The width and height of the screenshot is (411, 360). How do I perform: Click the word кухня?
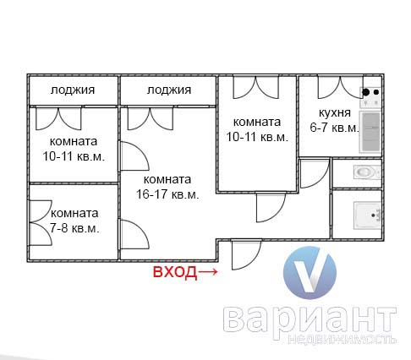click(x=335, y=113)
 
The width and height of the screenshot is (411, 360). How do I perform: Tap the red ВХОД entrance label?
click(x=175, y=272)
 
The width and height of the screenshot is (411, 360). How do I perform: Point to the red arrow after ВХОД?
click(x=208, y=272)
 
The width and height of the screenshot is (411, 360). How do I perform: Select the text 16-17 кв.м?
click(x=167, y=194)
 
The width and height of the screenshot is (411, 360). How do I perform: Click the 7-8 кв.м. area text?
click(x=74, y=228)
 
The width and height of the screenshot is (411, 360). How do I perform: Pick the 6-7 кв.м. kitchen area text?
click(x=334, y=128)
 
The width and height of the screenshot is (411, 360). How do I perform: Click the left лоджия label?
click(x=73, y=90)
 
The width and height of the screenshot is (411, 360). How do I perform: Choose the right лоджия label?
click(x=169, y=90)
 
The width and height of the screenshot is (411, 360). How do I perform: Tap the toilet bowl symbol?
click(x=367, y=172)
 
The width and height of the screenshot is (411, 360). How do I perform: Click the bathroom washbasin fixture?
click(x=368, y=215)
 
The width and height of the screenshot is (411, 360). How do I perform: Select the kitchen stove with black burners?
click(x=370, y=97)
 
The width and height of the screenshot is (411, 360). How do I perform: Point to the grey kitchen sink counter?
click(x=370, y=132)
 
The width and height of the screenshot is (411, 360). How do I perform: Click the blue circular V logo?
click(x=310, y=273)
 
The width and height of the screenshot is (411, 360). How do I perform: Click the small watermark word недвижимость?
click(x=342, y=340)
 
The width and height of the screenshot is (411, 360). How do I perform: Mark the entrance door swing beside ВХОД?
click(x=246, y=254)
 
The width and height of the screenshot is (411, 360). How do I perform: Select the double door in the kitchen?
click(x=340, y=87)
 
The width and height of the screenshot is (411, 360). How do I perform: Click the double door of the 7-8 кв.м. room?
click(x=41, y=222)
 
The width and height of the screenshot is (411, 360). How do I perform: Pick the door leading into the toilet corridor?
click(x=315, y=173)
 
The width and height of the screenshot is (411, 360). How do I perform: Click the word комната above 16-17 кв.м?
click(x=167, y=179)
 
